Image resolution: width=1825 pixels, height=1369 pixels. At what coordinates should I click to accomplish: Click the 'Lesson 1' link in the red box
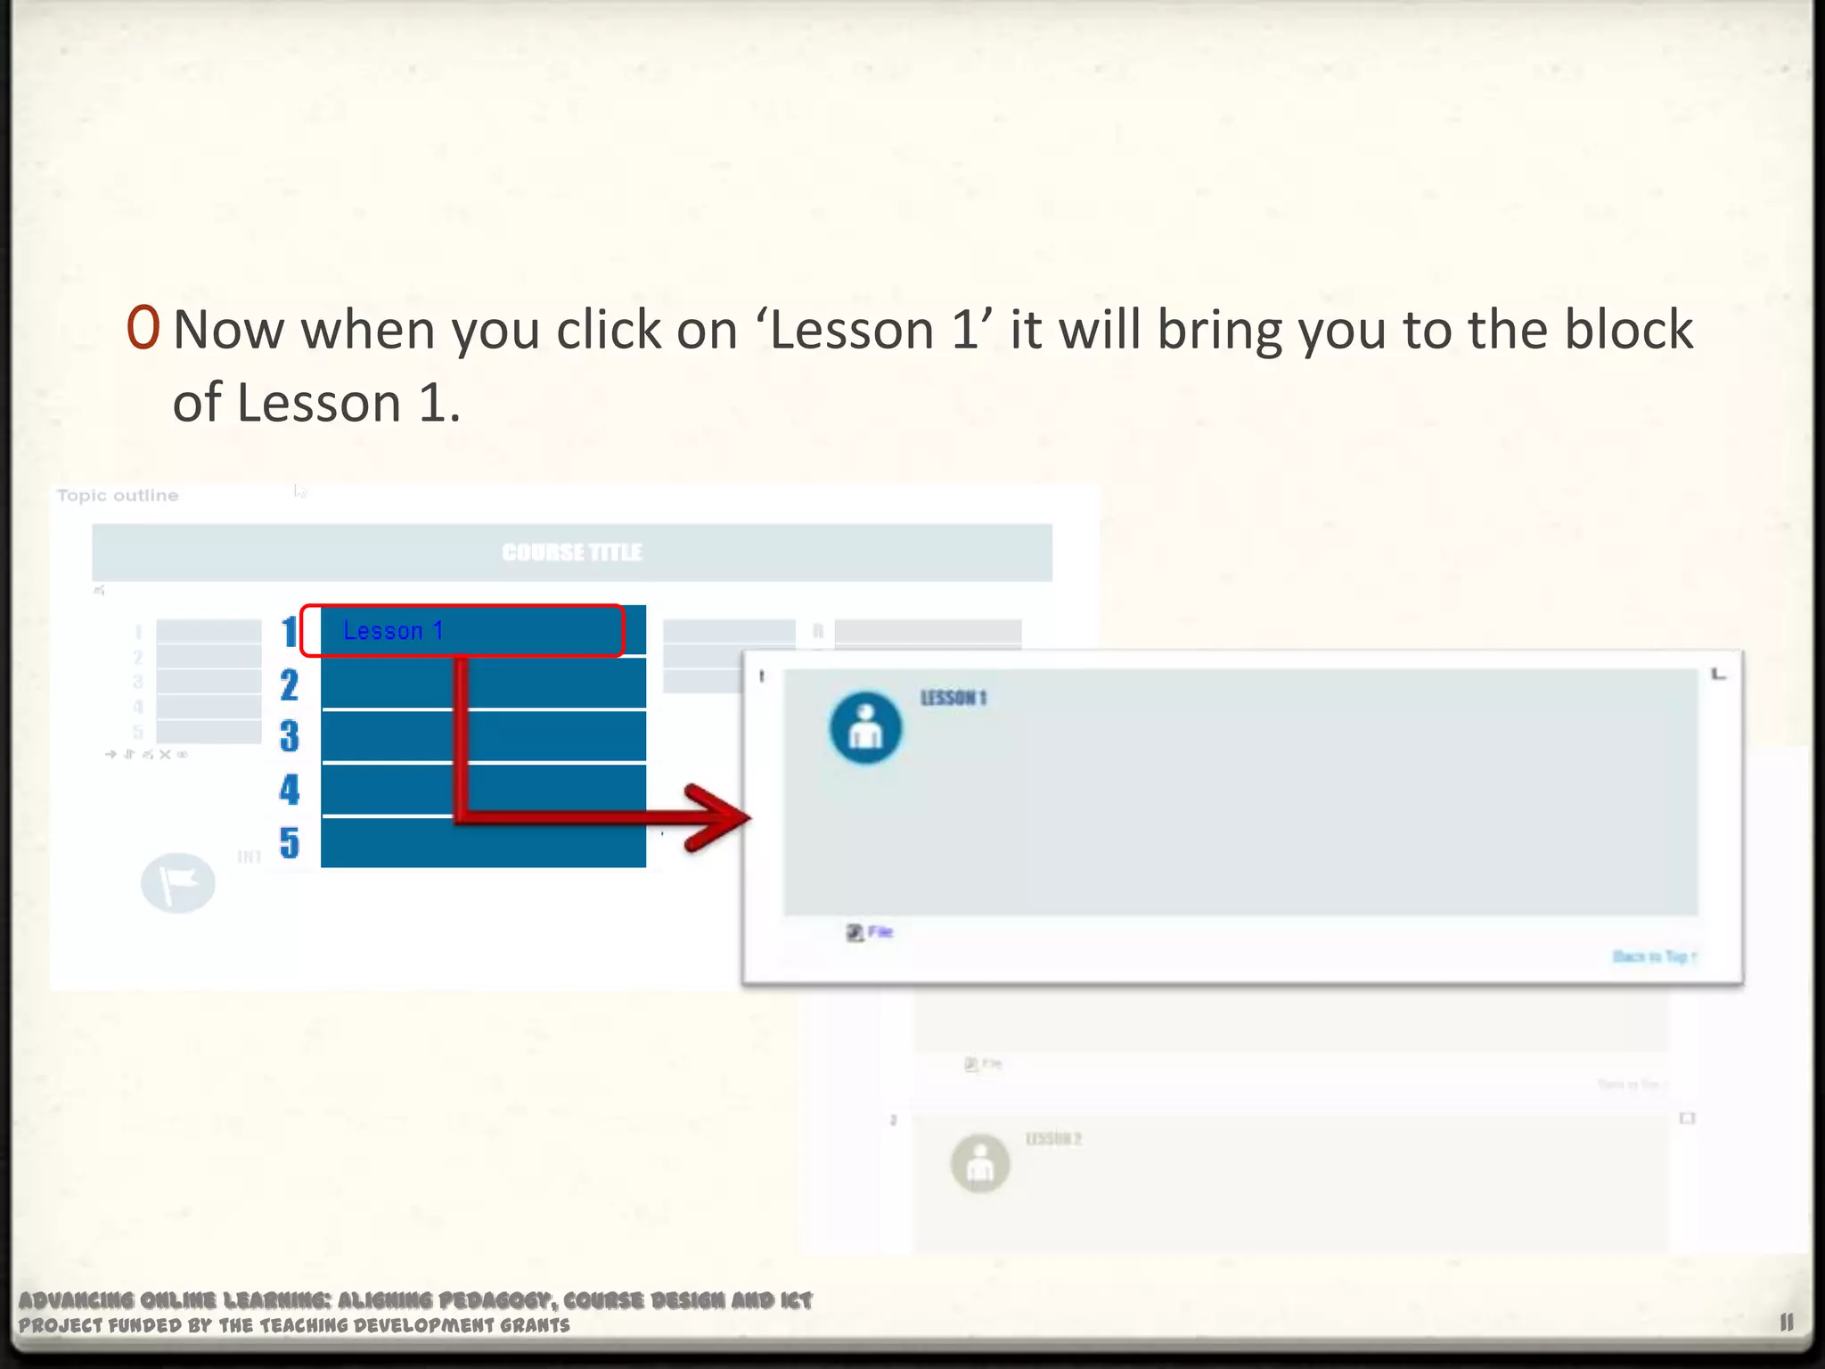393,631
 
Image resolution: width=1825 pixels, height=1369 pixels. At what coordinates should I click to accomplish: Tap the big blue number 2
289,685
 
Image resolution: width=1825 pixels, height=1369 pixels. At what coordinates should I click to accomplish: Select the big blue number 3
289,737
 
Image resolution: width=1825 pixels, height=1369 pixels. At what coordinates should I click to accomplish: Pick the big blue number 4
289,790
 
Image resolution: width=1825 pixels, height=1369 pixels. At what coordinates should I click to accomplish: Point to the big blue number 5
289,843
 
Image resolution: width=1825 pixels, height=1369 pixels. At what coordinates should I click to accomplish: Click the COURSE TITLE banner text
571,553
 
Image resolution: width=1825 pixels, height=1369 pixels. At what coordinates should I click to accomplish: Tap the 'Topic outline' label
118,496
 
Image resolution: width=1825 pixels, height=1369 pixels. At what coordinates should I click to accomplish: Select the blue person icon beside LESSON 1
865,728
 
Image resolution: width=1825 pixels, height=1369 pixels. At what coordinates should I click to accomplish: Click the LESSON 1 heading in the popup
953,698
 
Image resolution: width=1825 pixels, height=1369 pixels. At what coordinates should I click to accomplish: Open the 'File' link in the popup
880,932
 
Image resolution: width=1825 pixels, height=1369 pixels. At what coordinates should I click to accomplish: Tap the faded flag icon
178,882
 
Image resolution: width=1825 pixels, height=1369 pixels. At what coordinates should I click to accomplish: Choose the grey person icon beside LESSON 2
980,1163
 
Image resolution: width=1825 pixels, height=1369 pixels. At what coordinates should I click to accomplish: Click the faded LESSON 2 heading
1053,1139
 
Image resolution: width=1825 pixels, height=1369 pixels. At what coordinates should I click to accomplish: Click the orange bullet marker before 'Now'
143,328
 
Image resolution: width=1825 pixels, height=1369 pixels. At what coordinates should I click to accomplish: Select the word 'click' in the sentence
609,330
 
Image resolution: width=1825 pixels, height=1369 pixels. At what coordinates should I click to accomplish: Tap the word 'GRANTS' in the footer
534,1325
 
